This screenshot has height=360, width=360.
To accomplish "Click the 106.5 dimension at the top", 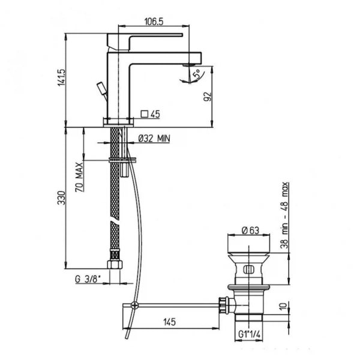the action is (x=154, y=22).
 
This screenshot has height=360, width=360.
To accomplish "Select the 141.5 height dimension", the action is (x=61, y=77).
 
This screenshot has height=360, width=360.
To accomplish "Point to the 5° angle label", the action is (x=197, y=74).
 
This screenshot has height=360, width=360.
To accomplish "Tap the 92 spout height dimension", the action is (x=207, y=97).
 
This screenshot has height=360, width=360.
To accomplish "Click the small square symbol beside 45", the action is (x=145, y=114).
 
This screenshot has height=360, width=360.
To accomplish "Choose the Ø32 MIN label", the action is (x=154, y=139).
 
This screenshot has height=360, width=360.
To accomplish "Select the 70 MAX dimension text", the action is (x=79, y=177).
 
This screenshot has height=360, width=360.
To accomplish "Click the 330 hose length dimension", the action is (x=62, y=197).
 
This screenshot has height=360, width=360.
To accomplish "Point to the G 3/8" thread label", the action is (x=88, y=279).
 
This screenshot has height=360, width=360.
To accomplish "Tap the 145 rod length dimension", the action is (x=169, y=322).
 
